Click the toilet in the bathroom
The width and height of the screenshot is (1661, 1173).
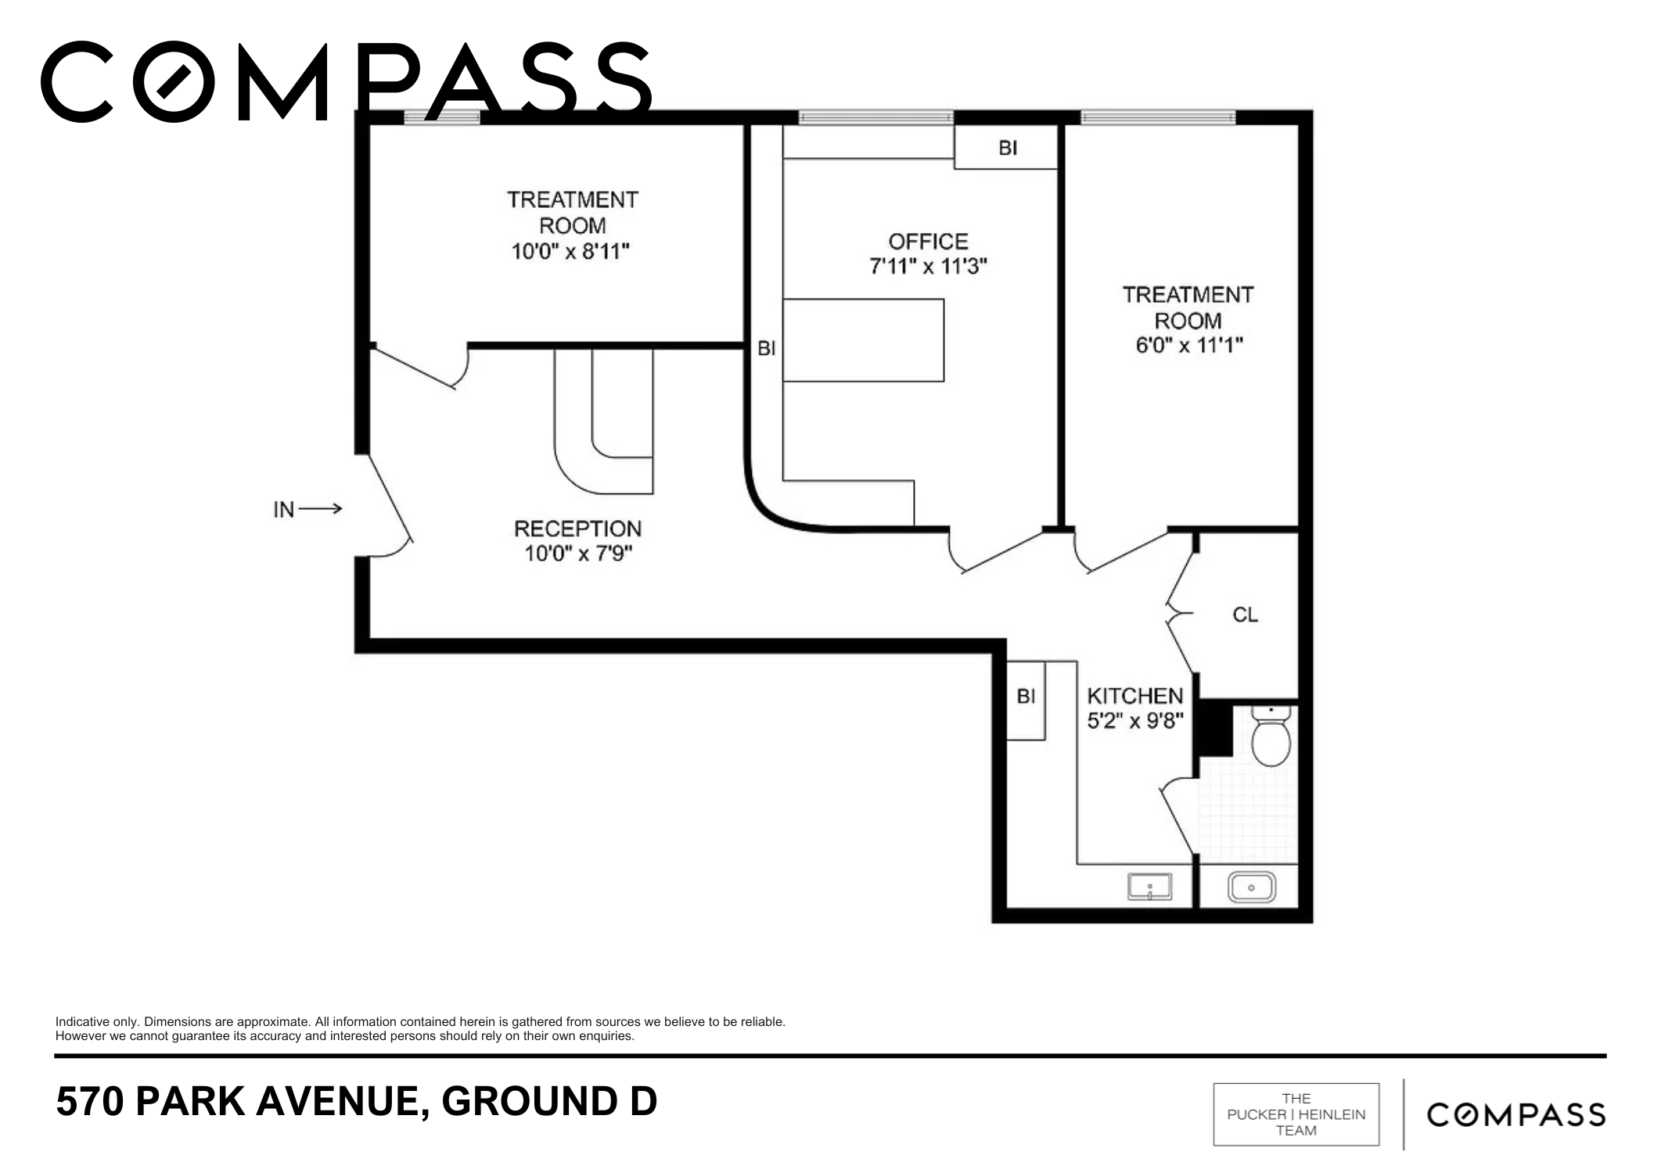[x=1271, y=735]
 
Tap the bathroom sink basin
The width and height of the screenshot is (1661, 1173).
[x=1251, y=888]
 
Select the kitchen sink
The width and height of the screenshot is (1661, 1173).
[x=1149, y=888]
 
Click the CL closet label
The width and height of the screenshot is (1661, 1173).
[x=1245, y=615]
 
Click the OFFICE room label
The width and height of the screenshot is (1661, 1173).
[x=928, y=241]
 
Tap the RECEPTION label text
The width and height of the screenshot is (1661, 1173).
[x=577, y=529]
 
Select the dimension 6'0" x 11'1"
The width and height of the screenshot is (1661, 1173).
[x=1189, y=345]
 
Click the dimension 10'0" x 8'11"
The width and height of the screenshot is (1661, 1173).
[x=570, y=251]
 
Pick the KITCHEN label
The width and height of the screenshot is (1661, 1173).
[x=1134, y=695]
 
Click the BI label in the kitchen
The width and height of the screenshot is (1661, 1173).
[x=1026, y=695]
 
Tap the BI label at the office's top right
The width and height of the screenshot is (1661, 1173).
[x=1008, y=147]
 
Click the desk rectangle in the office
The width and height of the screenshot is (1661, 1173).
[x=863, y=340]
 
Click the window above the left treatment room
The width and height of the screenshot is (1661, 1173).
[x=441, y=117]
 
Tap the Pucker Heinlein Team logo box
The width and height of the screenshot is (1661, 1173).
[x=1296, y=1114]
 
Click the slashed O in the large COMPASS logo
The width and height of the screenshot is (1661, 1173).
[x=174, y=82]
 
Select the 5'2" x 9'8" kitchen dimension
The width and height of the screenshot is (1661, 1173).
[x=1135, y=720]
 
